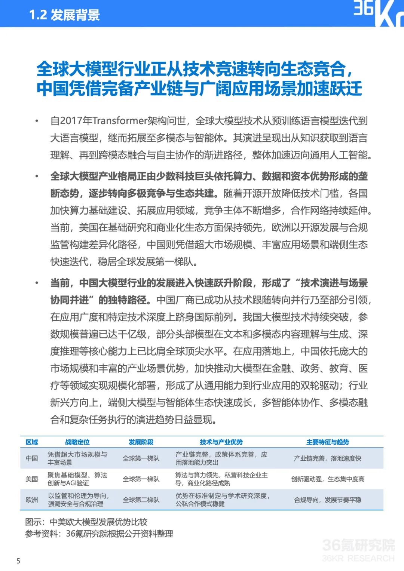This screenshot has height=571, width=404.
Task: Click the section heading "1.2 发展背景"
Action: [x=65, y=15]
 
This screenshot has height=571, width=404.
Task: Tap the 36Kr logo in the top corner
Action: [x=378, y=13]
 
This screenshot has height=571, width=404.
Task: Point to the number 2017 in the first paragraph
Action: [x=71, y=121]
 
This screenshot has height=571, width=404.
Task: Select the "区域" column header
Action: [x=32, y=442]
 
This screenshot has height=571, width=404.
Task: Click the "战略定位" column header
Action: [x=77, y=442]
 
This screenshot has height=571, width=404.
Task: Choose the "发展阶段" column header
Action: [x=141, y=442]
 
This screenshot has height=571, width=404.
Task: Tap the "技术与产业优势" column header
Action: [x=221, y=442]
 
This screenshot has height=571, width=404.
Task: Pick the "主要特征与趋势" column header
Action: [x=328, y=442]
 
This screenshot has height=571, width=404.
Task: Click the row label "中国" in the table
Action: [x=32, y=458]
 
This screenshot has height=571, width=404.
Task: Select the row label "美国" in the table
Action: [x=32, y=479]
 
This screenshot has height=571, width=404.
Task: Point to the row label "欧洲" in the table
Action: [x=32, y=500]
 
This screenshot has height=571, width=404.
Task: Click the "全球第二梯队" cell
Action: [x=141, y=500]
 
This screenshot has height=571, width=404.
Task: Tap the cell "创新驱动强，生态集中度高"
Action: [x=328, y=479]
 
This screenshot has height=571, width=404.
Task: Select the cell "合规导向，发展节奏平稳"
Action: [x=328, y=500]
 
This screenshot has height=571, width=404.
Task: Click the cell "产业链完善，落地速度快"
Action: [x=328, y=458]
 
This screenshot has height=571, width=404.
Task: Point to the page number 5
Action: [x=18, y=561]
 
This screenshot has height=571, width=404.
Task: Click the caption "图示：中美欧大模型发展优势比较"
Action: [x=86, y=522]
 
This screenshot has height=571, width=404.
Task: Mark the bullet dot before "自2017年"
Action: [x=37, y=121]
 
